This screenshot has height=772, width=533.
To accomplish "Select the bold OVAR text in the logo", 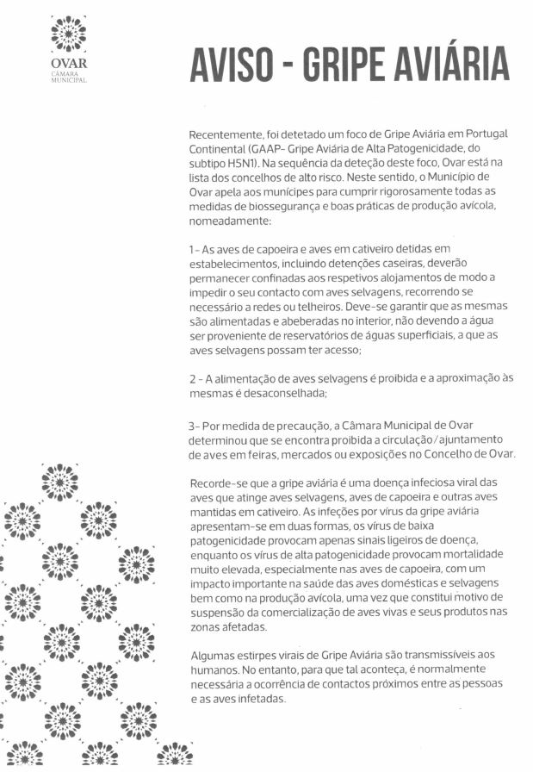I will coord(69,63).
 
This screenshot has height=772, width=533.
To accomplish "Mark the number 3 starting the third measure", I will coord(192,426).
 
